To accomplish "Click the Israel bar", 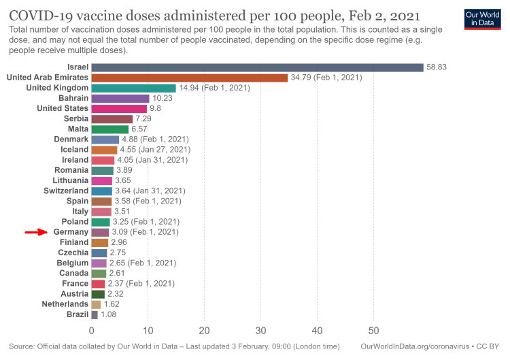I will coord(257,67).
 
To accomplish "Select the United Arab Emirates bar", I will coord(189,78).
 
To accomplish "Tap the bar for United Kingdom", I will coord(133,88).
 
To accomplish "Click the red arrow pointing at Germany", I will coord(35,232).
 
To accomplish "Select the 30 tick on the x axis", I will coord(260,331).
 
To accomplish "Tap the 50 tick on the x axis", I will coord(373,331).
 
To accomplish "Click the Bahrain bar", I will coord(120,98).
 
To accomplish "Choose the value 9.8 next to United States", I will coord(156,108).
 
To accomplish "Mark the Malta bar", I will coord(109,129).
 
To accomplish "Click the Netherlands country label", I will coord(65,304).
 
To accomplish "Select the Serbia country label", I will coord(73,118).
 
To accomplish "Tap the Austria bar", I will coord(98,293).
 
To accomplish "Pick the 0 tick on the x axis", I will coord(92,331).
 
